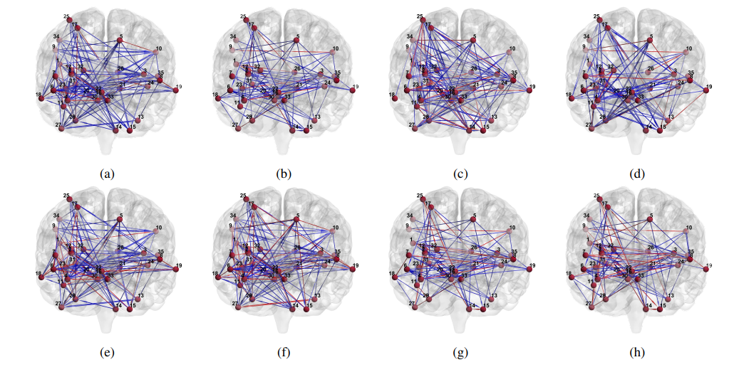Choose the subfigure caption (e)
[108, 352]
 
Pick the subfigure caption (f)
[284, 352]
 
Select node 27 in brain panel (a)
[60, 129]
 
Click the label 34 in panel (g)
[410, 215]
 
